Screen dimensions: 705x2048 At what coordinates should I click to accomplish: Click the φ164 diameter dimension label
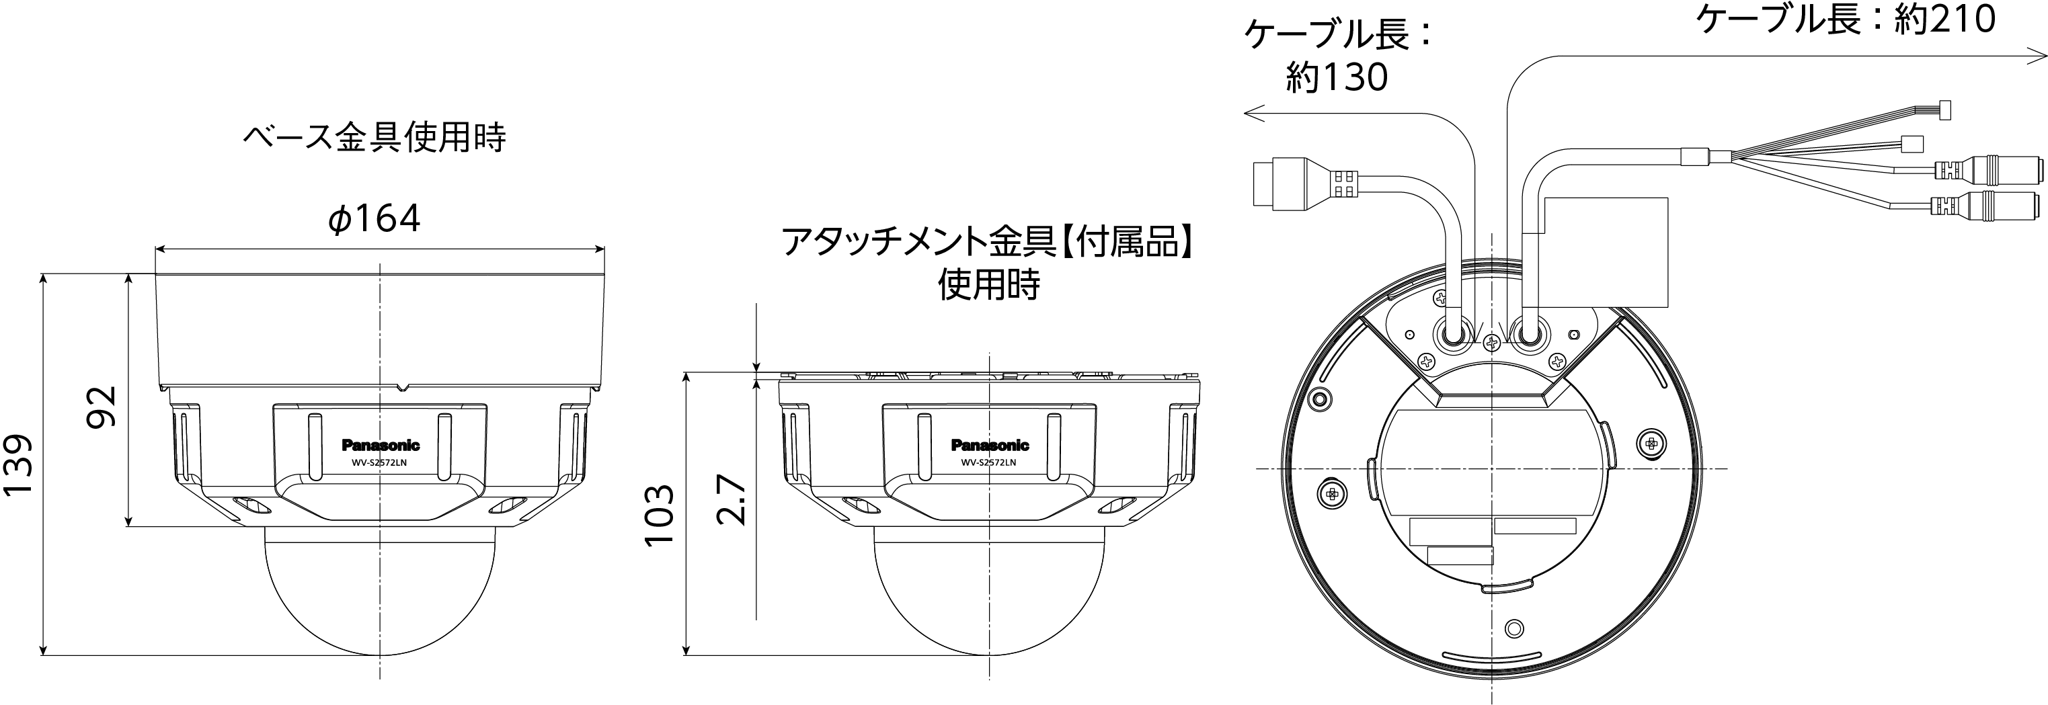tap(374, 218)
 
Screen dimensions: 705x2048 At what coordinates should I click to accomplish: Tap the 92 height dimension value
tap(102, 407)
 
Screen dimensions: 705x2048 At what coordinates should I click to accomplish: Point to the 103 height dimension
tap(659, 514)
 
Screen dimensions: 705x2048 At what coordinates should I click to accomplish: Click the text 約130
tap(1337, 77)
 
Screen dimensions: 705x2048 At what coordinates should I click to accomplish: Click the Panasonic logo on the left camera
tap(381, 445)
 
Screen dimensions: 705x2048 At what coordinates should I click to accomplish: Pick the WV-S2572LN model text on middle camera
tap(989, 462)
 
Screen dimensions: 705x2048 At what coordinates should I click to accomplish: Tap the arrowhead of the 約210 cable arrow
tap(2039, 56)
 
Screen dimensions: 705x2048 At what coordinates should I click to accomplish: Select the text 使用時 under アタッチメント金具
tap(988, 284)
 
